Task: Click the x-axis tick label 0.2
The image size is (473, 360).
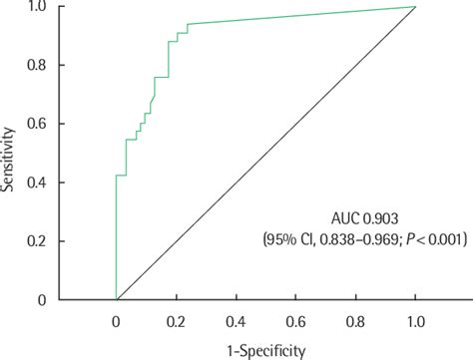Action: coord(177,322)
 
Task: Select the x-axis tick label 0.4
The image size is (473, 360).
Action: coord(236,322)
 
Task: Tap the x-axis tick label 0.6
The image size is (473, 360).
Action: coord(295,322)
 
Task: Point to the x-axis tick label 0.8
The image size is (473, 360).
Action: coord(355,322)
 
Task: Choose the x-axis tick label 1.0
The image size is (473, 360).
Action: coord(415,322)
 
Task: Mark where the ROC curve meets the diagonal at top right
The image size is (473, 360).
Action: coord(415,7)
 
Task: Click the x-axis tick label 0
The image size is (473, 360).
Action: coord(117,322)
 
